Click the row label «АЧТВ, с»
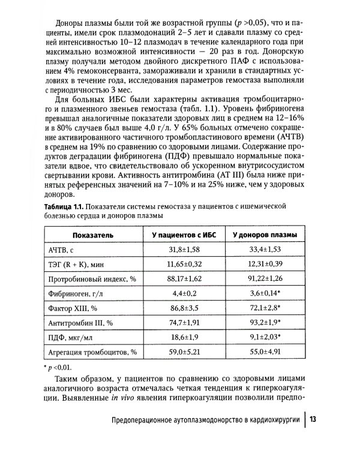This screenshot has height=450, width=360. (x=57, y=248)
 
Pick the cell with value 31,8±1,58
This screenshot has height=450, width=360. (x=183, y=248)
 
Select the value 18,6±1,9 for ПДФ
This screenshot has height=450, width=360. (x=183, y=337)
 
